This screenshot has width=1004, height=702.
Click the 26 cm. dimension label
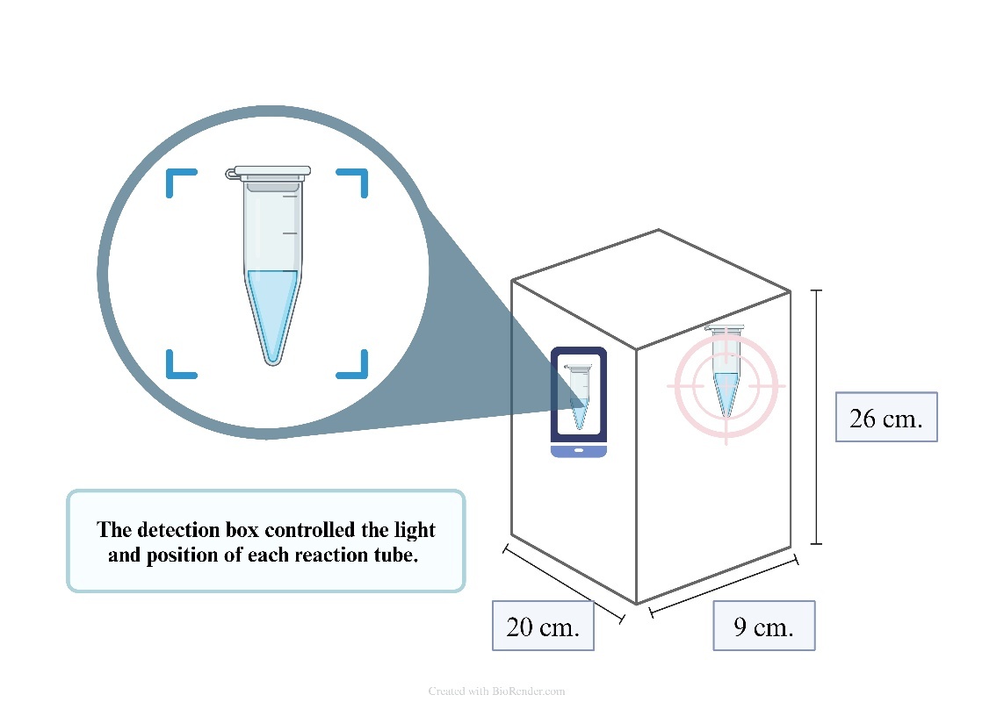tap(885, 418)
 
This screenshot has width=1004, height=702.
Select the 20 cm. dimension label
tap(543, 627)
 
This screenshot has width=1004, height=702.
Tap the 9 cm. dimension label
tap(763, 627)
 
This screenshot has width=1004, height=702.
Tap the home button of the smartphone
tap(579, 451)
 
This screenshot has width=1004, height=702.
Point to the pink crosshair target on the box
tap(726, 384)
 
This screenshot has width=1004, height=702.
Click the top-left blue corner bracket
tap(180, 183)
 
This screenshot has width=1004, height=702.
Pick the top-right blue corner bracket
tap(354, 183)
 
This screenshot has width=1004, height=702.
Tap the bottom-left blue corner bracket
tap(180, 365)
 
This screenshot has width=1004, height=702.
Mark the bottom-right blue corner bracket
tap(354, 365)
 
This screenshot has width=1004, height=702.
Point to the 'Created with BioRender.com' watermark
tap(496, 691)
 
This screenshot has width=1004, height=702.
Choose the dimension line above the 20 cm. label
tap(563, 584)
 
